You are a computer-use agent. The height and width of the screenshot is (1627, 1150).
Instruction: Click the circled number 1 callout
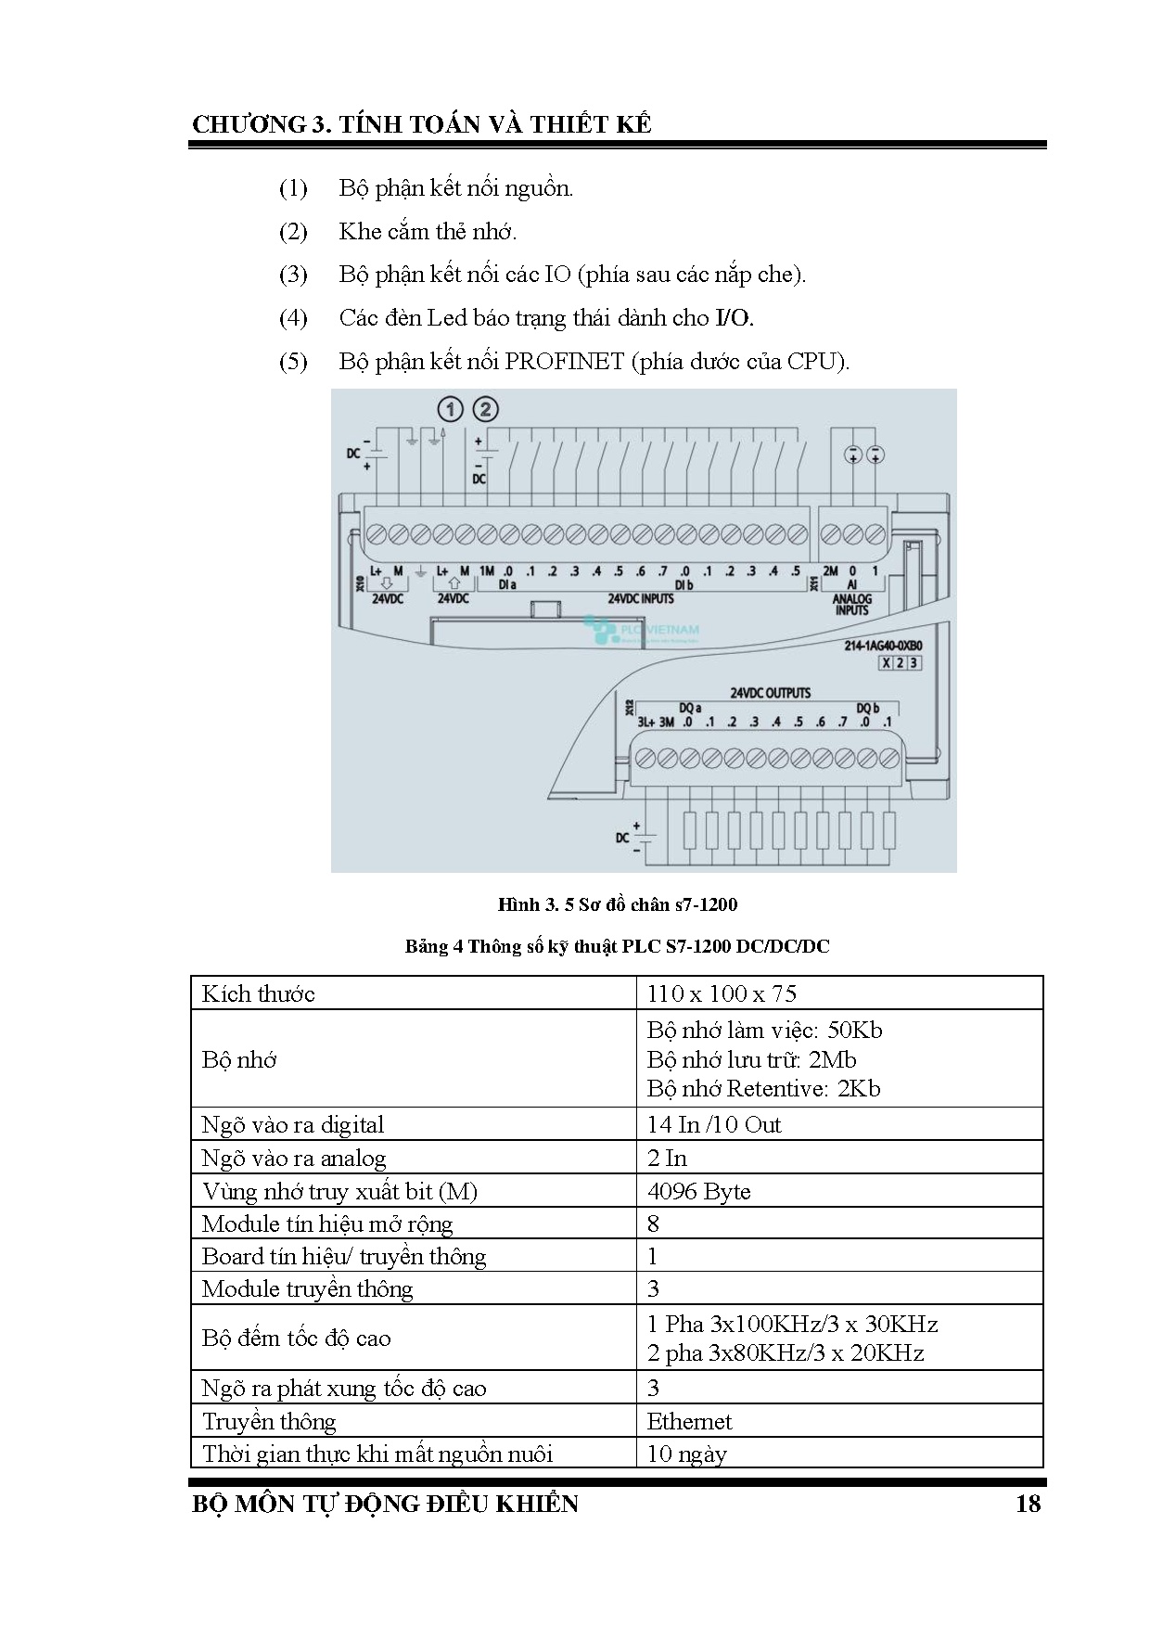pyautogui.click(x=450, y=409)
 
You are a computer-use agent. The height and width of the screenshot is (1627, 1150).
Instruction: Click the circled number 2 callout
pyautogui.click(x=486, y=409)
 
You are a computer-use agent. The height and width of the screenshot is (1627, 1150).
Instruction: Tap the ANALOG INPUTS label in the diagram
pyautogui.click(x=851, y=605)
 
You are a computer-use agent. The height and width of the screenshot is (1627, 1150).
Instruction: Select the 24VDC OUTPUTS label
pyautogui.click(x=770, y=693)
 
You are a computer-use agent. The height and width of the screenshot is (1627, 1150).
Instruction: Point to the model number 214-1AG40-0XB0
pyautogui.click(x=882, y=646)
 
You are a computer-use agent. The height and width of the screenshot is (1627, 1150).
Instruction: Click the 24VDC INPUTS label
pyautogui.click(x=641, y=599)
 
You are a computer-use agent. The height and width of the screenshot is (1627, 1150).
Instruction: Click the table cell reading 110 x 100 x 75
pyautogui.click(x=722, y=993)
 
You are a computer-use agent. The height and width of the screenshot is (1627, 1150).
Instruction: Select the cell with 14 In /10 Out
pyautogui.click(x=714, y=1124)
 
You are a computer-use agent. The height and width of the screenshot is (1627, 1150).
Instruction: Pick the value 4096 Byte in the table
pyautogui.click(x=698, y=1191)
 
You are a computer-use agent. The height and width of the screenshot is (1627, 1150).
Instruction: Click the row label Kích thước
pyautogui.click(x=259, y=993)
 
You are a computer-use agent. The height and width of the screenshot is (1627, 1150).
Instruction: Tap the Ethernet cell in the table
pyautogui.click(x=689, y=1421)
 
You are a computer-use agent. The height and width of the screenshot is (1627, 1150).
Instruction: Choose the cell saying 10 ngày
pyautogui.click(x=686, y=1454)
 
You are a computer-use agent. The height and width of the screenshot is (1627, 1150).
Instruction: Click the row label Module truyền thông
pyautogui.click(x=307, y=1288)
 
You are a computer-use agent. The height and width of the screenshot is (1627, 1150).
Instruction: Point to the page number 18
pyautogui.click(x=1028, y=1504)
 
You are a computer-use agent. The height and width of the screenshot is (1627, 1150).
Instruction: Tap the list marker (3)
pyautogui.click(x=293, y=275)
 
